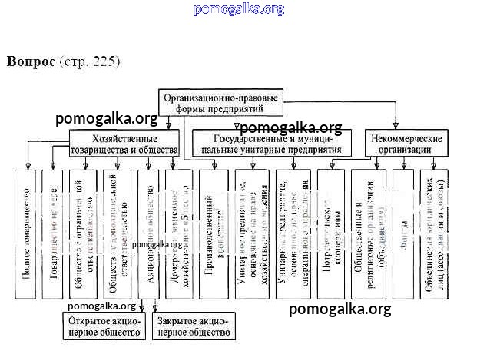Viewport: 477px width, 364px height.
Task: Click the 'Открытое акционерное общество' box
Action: [x=104, y=326]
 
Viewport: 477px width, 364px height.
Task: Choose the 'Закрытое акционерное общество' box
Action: [x=191, y=326]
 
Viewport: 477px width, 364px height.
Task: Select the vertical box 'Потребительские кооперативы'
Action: [x=330, y=231]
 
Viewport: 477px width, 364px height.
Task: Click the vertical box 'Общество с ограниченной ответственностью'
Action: [x=84, y=231]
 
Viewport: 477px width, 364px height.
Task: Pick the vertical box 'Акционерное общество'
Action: [x=148, y=231]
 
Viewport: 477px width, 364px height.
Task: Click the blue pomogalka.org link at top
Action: [x=239, y=9]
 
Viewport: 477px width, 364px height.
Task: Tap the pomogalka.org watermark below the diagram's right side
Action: [x=340, y=309]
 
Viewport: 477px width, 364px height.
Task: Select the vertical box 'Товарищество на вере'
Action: [x=52, y=231]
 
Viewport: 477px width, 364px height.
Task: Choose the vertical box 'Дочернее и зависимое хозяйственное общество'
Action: [x=180, y=231]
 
